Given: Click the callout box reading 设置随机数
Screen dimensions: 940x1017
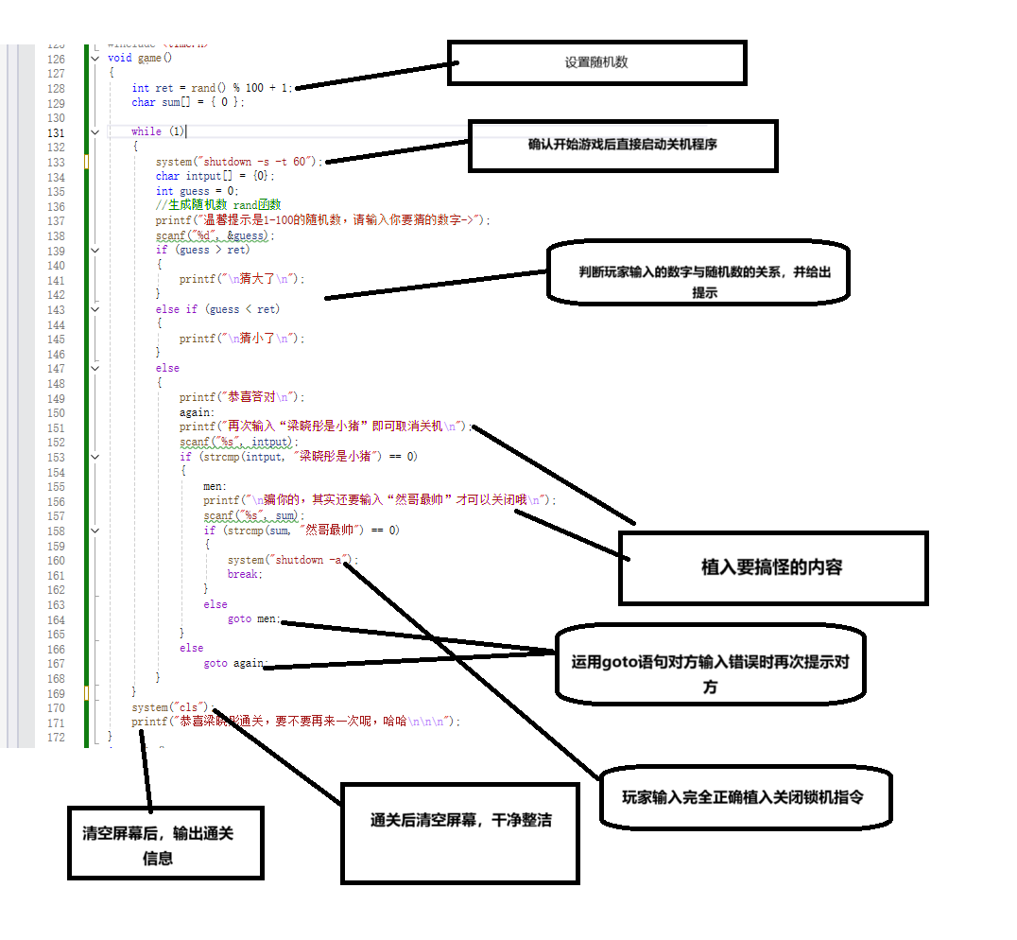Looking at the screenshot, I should tap(596, 62).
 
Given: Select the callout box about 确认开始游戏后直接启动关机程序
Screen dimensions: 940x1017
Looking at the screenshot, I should tap(623, 145).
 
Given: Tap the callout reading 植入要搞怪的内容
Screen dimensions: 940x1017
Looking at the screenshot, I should tap(772, 567).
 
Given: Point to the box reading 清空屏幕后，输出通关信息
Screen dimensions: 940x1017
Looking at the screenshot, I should tap(164, 844).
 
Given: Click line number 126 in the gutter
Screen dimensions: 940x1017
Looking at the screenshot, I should tap(56, 59).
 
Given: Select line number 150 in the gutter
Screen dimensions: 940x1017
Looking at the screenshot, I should tap(56, 412).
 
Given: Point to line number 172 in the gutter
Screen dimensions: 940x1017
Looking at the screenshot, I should tap(56, 737).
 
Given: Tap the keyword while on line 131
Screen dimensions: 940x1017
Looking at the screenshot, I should tap(146, 131).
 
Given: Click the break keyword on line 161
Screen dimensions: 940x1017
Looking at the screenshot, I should tap(244, 574).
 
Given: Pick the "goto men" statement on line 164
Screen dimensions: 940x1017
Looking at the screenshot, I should tap(253, 618).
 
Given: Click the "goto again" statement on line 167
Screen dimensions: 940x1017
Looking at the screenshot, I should tap(235, 663).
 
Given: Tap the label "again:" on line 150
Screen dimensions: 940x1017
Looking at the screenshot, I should tap(198, 412).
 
